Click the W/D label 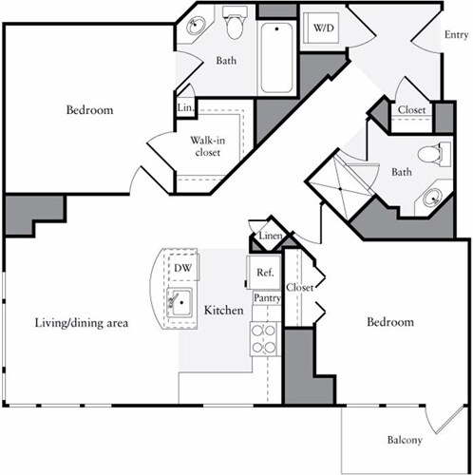click(324, 28)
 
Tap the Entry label click(456, 35)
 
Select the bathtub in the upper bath click(276, 57)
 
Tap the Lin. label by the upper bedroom click(185, 108)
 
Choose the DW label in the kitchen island click(182, 269)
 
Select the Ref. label click(264, 273)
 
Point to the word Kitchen click(223, 311)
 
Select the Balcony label click(404, 440)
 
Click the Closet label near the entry click(411, 109)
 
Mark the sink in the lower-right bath click(433, 198)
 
